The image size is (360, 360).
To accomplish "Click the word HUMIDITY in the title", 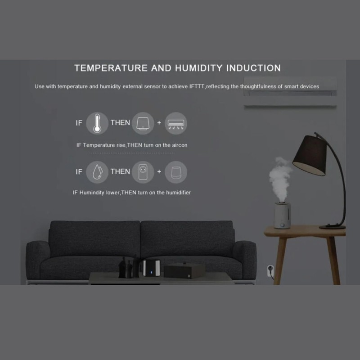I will pos(197,68).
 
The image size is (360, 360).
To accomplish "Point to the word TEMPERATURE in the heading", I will pos(111,68).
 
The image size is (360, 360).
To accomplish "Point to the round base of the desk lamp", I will pos(332,226).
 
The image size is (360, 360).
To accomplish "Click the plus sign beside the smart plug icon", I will pos(159,171).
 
